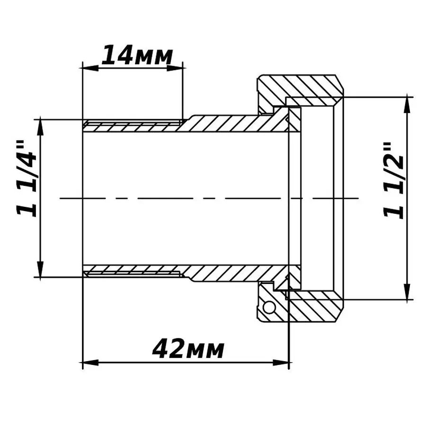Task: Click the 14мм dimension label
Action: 136,56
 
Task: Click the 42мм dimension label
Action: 188,350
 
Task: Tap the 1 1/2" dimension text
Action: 394,180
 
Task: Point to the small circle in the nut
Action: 269,308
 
